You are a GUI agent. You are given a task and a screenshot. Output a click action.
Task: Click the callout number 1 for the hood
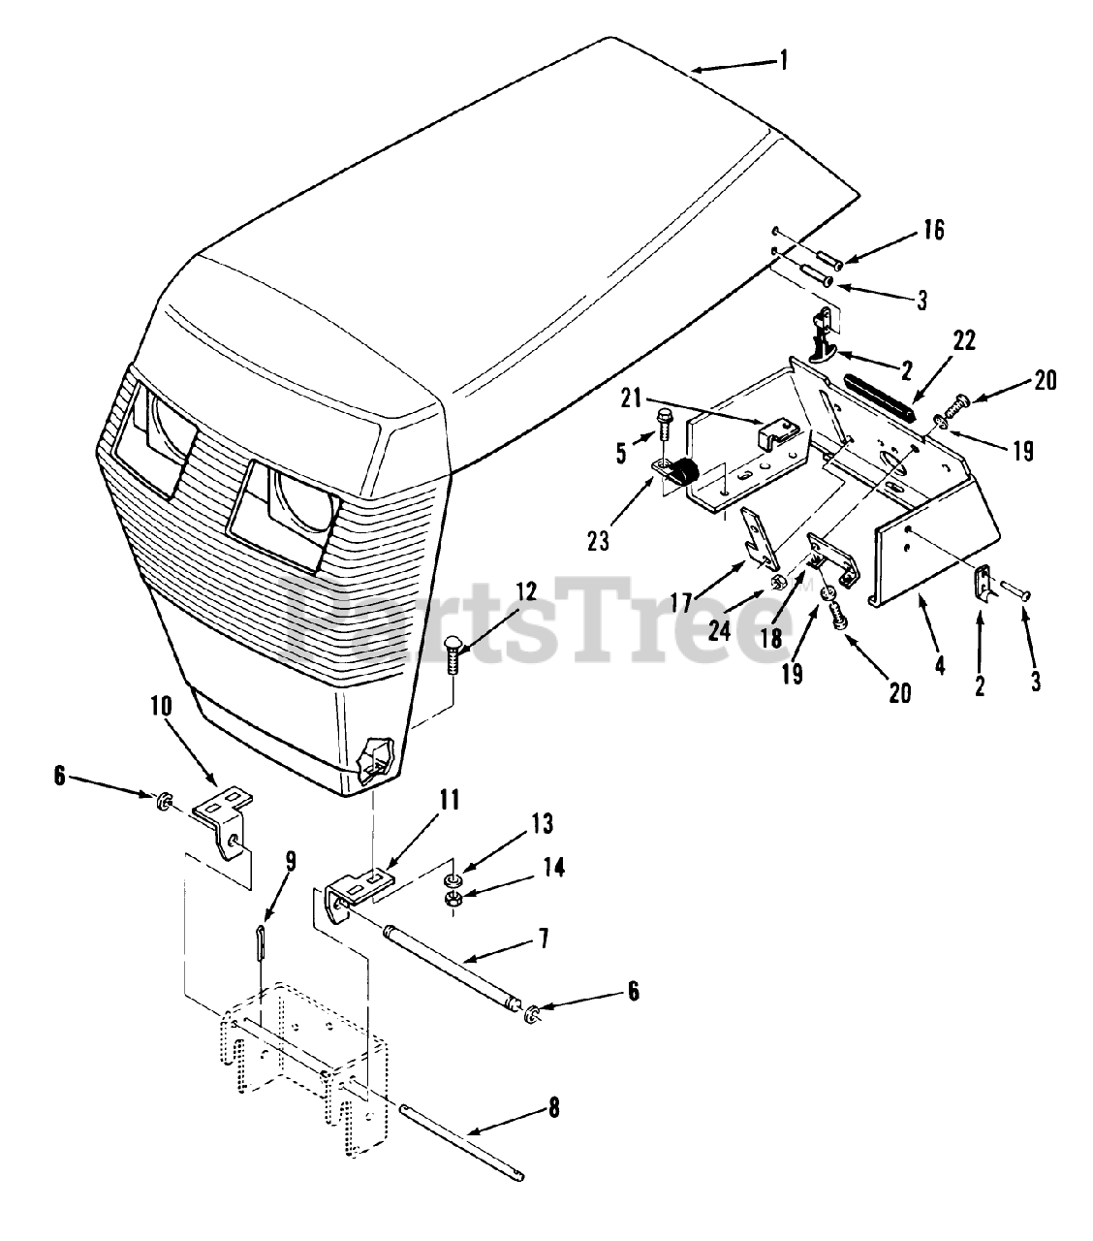[783, 60]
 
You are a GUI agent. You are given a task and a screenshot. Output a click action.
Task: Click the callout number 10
[160, 705]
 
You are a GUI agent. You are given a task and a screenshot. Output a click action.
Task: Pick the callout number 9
[290, 861]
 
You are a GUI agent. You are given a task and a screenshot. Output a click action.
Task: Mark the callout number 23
[599, 540]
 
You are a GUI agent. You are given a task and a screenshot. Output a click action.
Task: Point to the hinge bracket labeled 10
[224, 813]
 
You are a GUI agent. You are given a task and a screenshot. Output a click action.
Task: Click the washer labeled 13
[452, 880]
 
